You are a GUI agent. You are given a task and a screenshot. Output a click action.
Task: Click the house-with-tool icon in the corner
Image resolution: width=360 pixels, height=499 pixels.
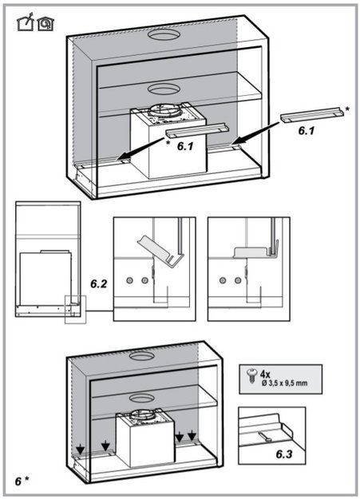[x=26, y=22]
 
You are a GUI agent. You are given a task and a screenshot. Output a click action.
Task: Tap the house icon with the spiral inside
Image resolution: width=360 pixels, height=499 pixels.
[x=45, y=24]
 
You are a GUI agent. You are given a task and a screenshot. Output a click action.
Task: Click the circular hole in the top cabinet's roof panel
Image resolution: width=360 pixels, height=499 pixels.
[x=163, y=34]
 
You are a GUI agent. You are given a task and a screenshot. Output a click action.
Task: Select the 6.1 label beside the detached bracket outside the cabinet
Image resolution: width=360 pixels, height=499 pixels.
[x=307, y=130]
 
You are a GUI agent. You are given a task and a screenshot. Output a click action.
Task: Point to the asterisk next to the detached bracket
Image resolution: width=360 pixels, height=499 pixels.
[x=347, y=109]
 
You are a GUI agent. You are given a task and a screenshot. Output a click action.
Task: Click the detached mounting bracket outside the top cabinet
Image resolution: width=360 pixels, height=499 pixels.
[x=312, y=114]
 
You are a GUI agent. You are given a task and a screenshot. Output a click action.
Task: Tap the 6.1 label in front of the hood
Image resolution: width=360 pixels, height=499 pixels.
[x=185, y=146]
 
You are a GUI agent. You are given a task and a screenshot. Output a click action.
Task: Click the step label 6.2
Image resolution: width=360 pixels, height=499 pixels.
[x=99, y=283]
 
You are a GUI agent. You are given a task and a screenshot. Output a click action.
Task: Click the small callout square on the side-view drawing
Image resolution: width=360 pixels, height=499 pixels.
[x=76, y=309]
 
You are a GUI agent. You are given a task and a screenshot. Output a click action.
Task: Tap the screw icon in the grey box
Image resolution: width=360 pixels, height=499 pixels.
[x=252, y=375]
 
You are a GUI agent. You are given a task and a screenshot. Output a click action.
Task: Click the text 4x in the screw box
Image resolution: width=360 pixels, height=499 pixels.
[x=265, y=374]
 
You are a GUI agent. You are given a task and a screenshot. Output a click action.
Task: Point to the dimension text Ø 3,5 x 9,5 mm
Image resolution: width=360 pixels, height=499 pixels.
[x=284, y=383]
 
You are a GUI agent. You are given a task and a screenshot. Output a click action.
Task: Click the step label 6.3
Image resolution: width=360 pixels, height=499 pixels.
[x=284, y=454]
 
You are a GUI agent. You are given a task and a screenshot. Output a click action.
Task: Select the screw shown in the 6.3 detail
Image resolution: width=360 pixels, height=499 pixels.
[x=264, y=437]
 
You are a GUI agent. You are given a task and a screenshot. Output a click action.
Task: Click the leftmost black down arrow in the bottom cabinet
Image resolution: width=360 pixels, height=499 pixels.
[x=80, y=449]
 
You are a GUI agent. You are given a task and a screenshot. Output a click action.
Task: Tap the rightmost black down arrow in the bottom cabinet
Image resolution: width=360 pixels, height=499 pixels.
[x=192, y=435]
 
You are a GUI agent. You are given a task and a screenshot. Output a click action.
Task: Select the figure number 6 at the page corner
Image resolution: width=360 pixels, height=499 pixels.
[x=18, y=481]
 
